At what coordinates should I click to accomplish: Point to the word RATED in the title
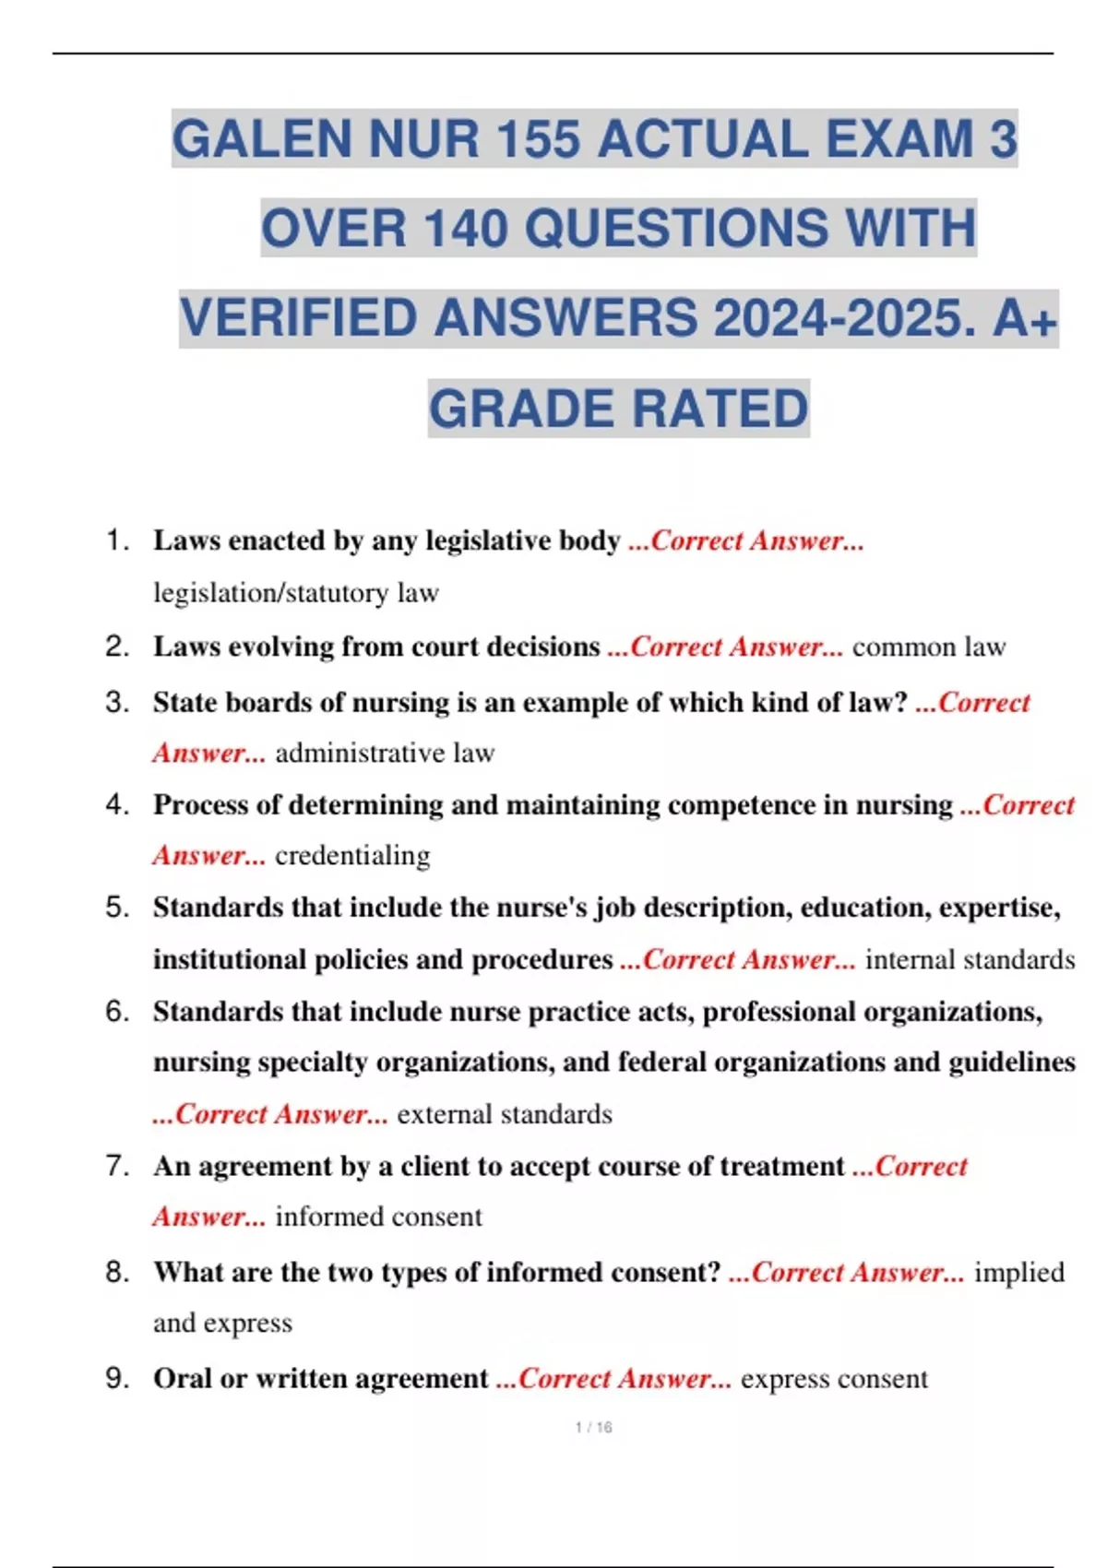click(720, 410)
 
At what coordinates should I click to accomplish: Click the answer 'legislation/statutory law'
click(295, 592)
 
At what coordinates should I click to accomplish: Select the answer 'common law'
click(928, 647)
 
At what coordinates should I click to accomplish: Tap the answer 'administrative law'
click(385, 754)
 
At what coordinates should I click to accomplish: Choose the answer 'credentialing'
click(352, 856)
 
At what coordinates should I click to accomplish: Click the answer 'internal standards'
click(970, 960)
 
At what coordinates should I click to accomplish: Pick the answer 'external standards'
click(504, 1114)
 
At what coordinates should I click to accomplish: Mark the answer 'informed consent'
click(378, 1217)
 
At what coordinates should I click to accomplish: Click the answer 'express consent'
click(834, 1379)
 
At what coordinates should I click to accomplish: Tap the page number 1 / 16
click(593, 1427)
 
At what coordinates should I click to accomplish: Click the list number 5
click(117, 908)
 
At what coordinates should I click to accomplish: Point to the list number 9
click(117, 1379)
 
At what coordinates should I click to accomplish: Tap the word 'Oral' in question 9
click(183, 1379)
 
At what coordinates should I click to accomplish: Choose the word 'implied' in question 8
click(1019, 1273)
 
